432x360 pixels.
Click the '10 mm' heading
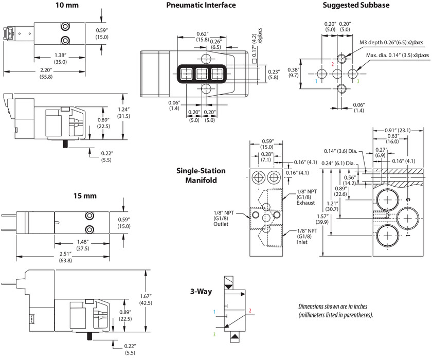67,5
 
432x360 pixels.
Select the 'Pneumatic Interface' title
201,5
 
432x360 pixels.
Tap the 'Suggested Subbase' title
356,5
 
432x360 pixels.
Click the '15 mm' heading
85,196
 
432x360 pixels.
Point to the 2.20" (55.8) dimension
46,74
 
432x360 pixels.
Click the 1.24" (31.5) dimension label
123,113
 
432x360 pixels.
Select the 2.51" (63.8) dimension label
65,257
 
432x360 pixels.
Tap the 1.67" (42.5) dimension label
146,300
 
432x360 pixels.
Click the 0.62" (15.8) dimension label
203,37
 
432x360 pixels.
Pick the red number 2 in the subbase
333,64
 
